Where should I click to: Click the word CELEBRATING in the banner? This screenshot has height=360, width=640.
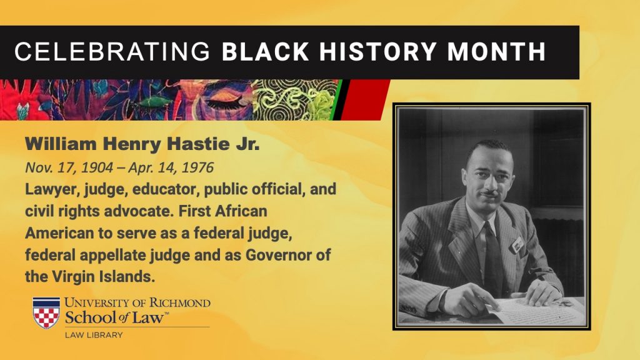pyautogui.click(x=112, y=52)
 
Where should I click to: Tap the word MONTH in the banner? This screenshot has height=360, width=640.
pyautogui.click(x=496, y=52)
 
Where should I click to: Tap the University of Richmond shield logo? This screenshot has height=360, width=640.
pyautogui.click(x=46, y=312)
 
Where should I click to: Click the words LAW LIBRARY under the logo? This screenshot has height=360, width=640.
pyautogui.click(x=94, y=335)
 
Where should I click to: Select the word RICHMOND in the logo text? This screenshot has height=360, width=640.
pyautogui.click(x=179, y=303)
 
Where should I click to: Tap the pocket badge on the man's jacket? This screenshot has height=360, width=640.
pyautogui.click(x=517, y=244)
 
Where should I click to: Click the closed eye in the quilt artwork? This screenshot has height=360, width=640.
pyautogui.click(x=224, y=101)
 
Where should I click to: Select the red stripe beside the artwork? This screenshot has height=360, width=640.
pyautogui.click(x=364, y=99)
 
